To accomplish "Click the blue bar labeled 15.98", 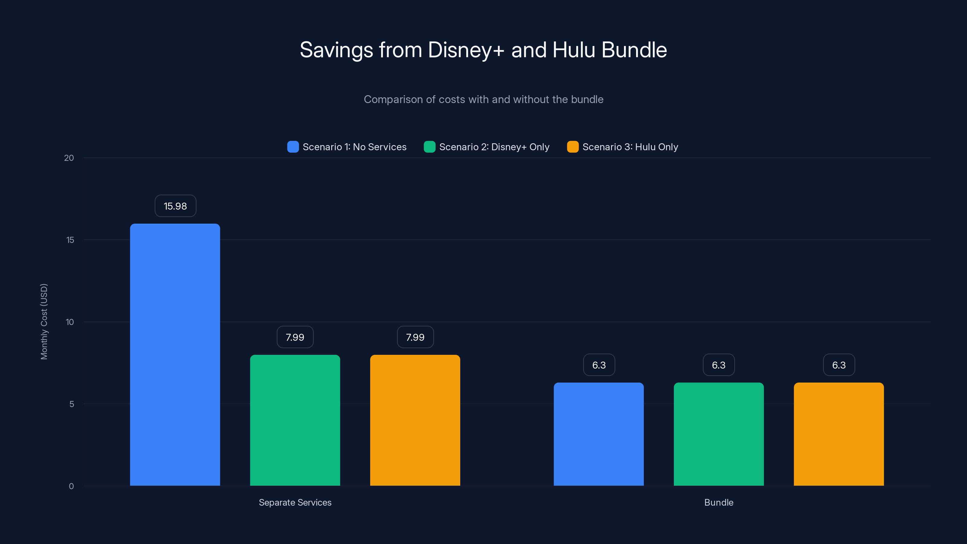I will tap(175, 355).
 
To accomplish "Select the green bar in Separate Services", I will tap(295, 420).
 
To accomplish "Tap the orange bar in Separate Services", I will tap(415, 420).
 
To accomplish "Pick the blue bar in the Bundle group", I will tap(598, 434).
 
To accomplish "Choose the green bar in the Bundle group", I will tap(719, 434).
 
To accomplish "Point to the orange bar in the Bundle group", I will tap(839, 434).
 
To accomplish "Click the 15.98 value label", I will tap(175, 206).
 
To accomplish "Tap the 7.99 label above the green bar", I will tap(295, 337).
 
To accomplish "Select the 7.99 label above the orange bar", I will tap(415, 337).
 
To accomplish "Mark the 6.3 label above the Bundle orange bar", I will tap(839, 365).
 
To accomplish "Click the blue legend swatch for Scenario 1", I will tap(293, 147).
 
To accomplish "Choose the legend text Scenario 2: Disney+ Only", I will tap(494, 147).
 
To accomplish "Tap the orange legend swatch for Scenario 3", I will tap(572, 147).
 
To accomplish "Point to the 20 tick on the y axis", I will tap(69, 158).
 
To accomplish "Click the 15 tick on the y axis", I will tap(70, 240).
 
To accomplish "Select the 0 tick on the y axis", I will tap(71, 486).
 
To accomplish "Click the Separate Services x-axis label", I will tap(295, 502).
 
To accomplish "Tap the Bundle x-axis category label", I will tap(719, 502).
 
